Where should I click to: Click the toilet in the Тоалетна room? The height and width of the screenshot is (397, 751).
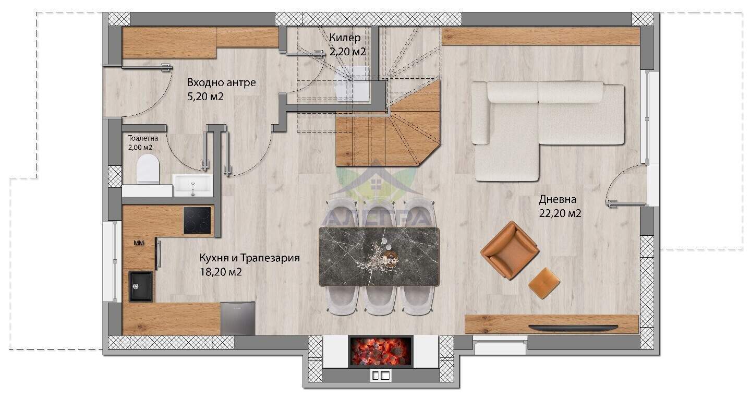point(148,169)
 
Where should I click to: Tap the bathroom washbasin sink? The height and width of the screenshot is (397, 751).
point(192,185)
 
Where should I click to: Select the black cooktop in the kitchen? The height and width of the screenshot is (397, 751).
point(197,220)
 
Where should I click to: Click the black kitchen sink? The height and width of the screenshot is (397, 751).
point(141,287)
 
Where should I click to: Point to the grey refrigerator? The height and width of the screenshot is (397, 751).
point(238,318)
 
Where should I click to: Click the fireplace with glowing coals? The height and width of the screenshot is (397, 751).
point(381,351)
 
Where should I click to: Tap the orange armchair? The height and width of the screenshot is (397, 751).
point(510,250)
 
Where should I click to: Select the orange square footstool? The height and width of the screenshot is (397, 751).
point(544,283)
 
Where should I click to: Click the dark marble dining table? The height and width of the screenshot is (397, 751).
point(379,257)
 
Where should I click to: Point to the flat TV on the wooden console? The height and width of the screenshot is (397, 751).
point(573,328)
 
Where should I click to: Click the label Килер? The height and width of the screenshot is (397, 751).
point(345,38)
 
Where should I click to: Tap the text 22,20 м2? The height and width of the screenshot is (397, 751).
point(560,213)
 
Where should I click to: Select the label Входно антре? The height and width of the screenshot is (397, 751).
point(221,82)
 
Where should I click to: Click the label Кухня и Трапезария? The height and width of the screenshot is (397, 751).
point(249,258)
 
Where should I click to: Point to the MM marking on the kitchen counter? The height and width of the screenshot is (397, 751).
point(139,243)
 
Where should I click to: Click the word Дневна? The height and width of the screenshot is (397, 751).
point(558,199)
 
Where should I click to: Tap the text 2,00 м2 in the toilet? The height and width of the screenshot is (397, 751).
point(140,147)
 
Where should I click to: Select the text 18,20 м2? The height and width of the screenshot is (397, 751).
point(221,272)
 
